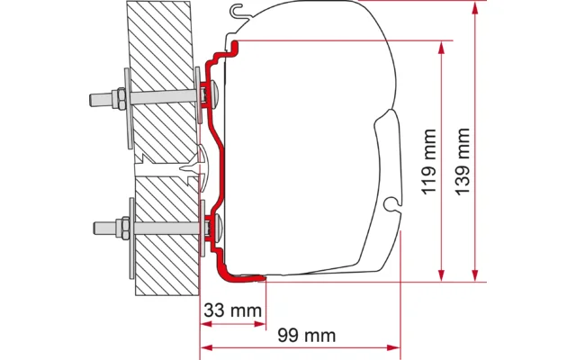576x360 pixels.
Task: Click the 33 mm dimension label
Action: pos(232,310)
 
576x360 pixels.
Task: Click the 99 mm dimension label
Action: pos(307,336)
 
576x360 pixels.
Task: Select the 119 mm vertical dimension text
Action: pos(428,162)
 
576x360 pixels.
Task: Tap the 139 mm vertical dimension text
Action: pos(463,162)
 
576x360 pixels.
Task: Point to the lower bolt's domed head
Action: pos(217,229)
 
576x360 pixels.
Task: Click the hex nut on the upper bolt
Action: pos(120,98)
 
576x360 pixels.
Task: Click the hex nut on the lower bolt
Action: pos(123,228)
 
